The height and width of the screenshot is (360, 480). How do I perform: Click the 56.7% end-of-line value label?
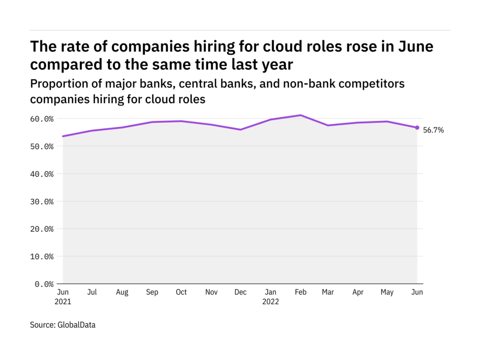pos(433,130)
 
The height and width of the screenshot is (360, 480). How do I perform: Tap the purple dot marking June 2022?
pos(417,127)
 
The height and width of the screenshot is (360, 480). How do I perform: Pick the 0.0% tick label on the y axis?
pos(45,284)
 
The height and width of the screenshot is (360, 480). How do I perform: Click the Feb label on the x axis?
pos(300,292)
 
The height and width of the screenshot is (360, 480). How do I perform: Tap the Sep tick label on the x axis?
pos(151,292)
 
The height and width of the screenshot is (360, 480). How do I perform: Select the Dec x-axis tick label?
pos(240,292)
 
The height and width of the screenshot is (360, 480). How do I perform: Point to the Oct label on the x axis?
pos(181,292)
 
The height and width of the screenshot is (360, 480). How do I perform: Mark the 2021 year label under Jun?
pos(62,301)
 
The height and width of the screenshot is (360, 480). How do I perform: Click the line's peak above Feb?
pos(300,115)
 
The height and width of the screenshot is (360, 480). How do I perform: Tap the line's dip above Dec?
pos(240,129)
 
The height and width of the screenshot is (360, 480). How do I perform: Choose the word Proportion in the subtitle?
pos(58,84)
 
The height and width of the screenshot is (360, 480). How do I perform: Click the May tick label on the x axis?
pos(387,292)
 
